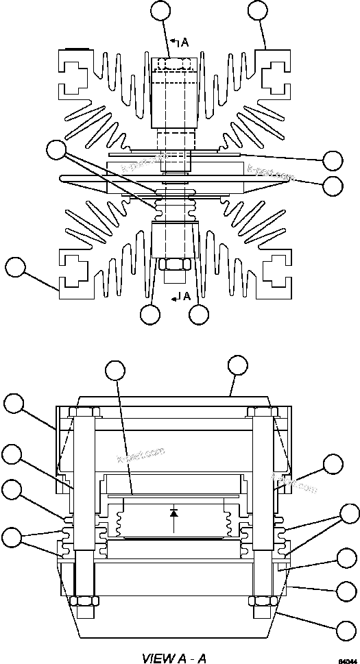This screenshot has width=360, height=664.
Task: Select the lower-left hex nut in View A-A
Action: [83, 600]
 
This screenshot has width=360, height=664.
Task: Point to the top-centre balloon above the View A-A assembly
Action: [237, 365]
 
